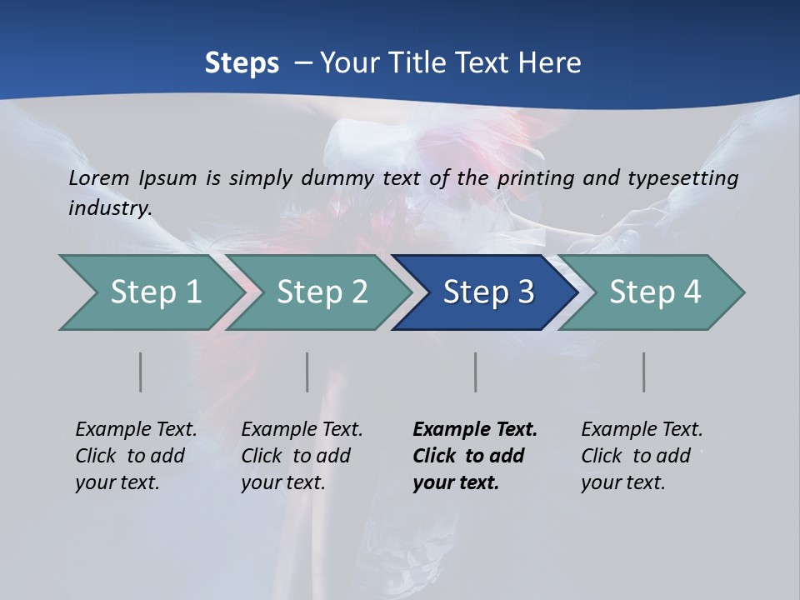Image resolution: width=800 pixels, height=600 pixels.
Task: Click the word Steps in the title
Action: pyautogui.click(x=242, y=63)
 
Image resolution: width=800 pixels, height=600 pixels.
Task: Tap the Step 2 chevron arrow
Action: pyautogui.click(x=321, y=292)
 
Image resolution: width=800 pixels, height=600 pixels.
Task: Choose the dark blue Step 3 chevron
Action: pyautogui.click(x=487, y=292)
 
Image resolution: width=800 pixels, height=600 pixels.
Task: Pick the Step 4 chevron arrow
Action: pyautogui.click(x=654, y=292)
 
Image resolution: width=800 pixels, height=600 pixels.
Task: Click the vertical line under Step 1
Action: pyautogui.click(x=141, y=372)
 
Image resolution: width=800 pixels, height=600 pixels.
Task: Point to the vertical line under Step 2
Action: pyautogui.click(x=307, y=372)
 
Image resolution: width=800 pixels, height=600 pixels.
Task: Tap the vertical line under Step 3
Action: pyautogui.click(x=476, y=372)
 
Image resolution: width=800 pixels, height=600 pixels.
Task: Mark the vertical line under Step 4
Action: pyautogui.click(x=644, y=372)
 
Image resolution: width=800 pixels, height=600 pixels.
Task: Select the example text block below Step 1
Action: pyautogui.click(x=136, y=456)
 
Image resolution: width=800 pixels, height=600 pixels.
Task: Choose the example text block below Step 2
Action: pyautogui.click(x=302, y=456)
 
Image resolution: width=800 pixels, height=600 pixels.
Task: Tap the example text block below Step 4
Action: pyautogui.click(x=642, y=456)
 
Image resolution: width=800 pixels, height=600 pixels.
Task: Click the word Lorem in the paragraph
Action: pyautogui.click(x=98, y=177)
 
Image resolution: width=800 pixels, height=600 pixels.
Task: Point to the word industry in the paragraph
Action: pyautogui.click(x=110, y=207)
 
